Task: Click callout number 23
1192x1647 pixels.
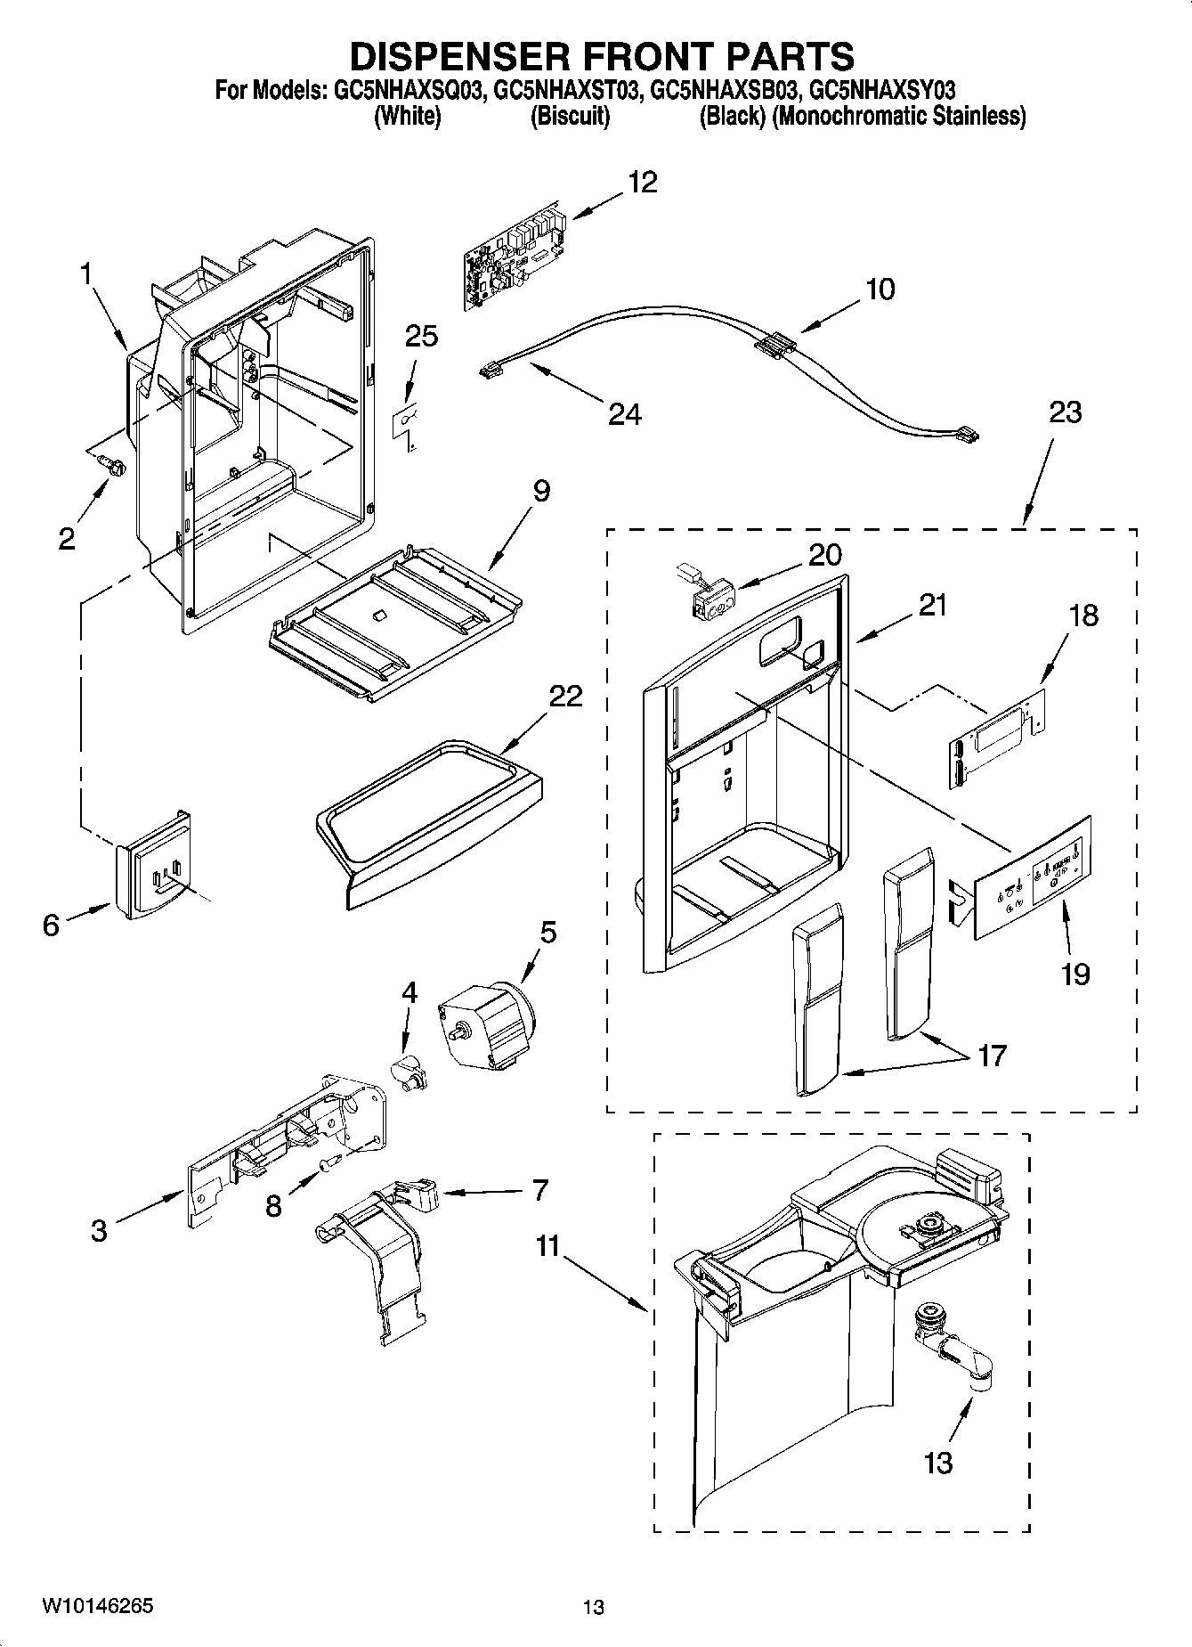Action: (x=1065, y=412)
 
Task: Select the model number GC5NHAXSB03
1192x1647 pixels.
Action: (x=725, y=90)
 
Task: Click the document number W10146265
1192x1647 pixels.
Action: (x=96, y=1606)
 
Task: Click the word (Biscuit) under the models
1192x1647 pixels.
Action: (x=570, y=117)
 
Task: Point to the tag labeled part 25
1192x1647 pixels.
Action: (x=405, y=420)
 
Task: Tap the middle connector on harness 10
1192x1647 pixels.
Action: (x=773, y=346)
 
